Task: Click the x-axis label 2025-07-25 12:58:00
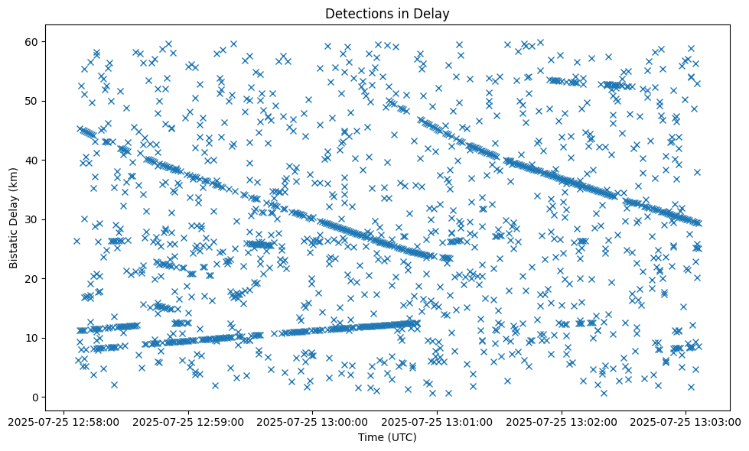point(64,420)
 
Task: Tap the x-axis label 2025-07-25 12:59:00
point(188,420)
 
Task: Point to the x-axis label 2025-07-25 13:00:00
point(313,420)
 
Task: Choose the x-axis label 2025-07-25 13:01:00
point(437,420)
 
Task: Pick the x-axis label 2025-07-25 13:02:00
point(562,420)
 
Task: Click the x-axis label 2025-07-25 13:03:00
point(686,420)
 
